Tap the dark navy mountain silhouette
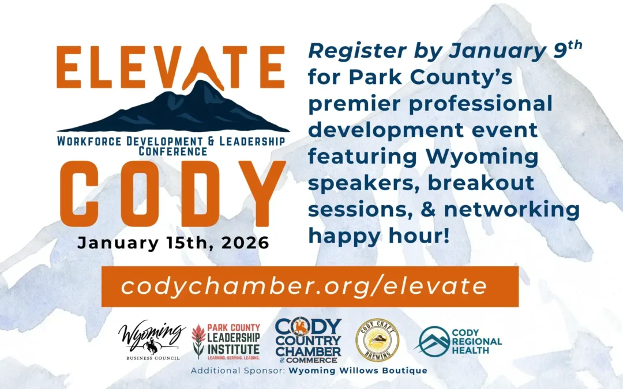tap(173, 113)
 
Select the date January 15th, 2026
tap(173, 242)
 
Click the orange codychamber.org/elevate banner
tap(310, 286)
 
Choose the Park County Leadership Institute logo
tap(226, 341)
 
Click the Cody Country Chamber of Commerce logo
tap(308, 341)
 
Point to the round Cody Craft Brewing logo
tap(377, 340)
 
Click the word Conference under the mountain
tap(173, 152)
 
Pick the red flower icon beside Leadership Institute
tap(199, 341)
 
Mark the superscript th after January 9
tap(572, 44)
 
